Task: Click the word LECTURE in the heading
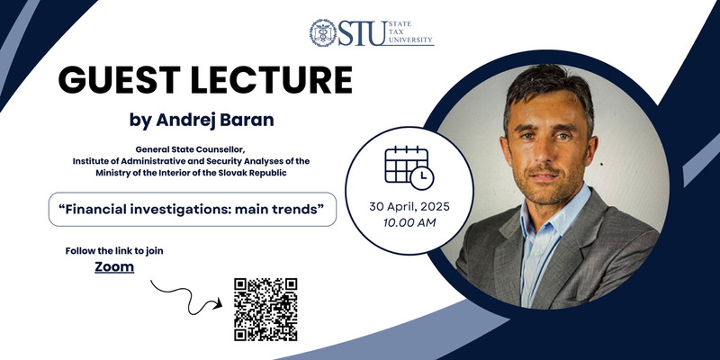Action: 272,80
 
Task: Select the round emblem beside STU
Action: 323,33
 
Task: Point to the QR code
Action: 265,309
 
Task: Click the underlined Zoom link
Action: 114,266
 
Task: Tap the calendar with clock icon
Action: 409,167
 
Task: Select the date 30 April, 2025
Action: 409,207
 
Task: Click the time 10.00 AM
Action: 409,223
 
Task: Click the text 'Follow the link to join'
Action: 114,251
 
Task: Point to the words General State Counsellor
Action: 190,149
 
